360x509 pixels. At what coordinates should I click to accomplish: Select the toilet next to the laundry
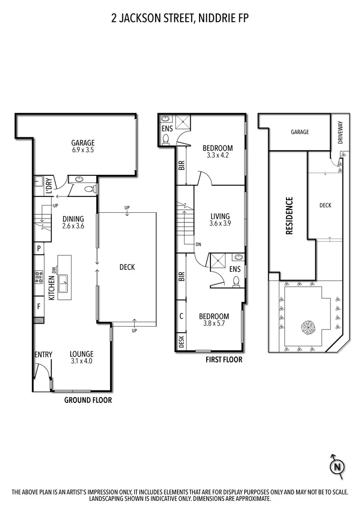[x=88, y=189]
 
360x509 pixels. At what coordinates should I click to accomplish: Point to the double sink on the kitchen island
[x=63, y=284]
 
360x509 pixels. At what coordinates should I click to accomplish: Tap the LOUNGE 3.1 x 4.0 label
[x=81, y=358]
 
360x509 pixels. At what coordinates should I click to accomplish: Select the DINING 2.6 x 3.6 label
[x=73, y=222]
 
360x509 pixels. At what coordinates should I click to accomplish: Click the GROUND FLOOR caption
[x=88, y=400]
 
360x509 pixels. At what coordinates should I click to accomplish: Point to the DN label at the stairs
[x=198, y=244]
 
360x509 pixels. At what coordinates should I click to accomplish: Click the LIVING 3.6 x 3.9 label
[x=220, y=220]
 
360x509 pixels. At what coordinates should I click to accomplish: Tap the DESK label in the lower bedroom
[x=182, y=341]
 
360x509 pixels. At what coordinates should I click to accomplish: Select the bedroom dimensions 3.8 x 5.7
[x=214, y=324]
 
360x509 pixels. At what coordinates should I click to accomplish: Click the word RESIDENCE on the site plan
[x=289, y=216]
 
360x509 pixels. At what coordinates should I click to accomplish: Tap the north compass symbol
[x=337, y=466]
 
